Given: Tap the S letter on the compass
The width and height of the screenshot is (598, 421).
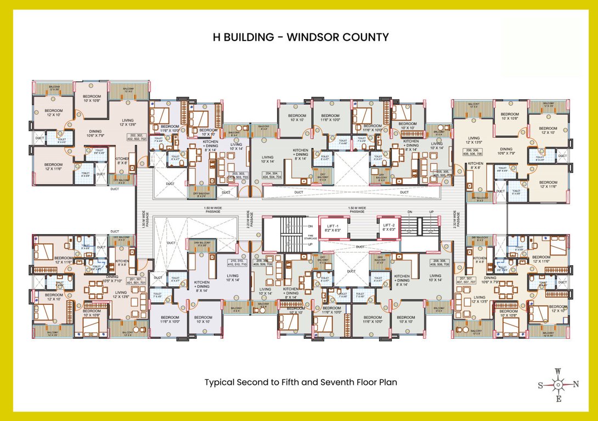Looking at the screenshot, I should (x=540, y=385).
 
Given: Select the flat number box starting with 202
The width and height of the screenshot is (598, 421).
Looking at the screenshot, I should (x=137, y=137).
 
